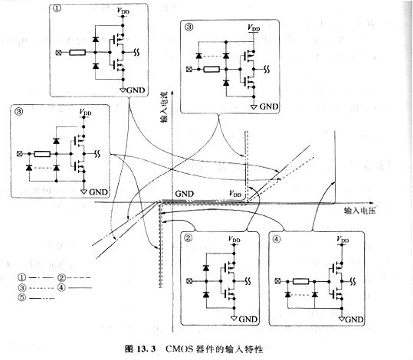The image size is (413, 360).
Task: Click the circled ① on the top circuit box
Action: coord(58,11)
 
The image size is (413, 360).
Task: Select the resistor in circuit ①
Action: coord(77,53)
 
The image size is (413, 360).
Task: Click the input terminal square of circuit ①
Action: coord(59,53)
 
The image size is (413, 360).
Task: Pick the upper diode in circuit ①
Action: coord(95,38)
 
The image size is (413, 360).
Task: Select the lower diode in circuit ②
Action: coord(205,293)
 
